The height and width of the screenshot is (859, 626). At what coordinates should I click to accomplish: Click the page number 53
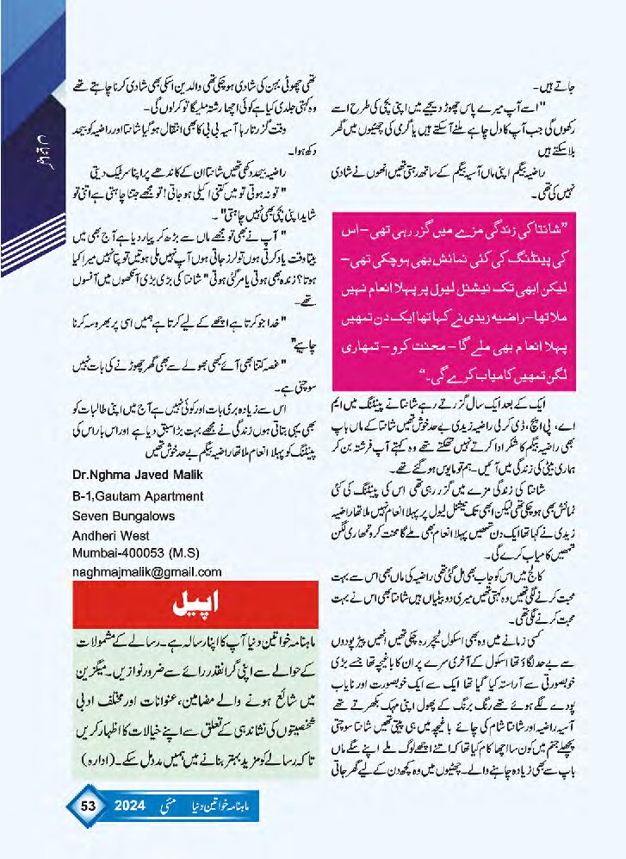tap(87, 806)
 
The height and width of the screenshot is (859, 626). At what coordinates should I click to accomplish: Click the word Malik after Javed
tap(201, 472)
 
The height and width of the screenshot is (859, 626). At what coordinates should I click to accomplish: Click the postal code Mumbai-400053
tap(121, 552)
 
